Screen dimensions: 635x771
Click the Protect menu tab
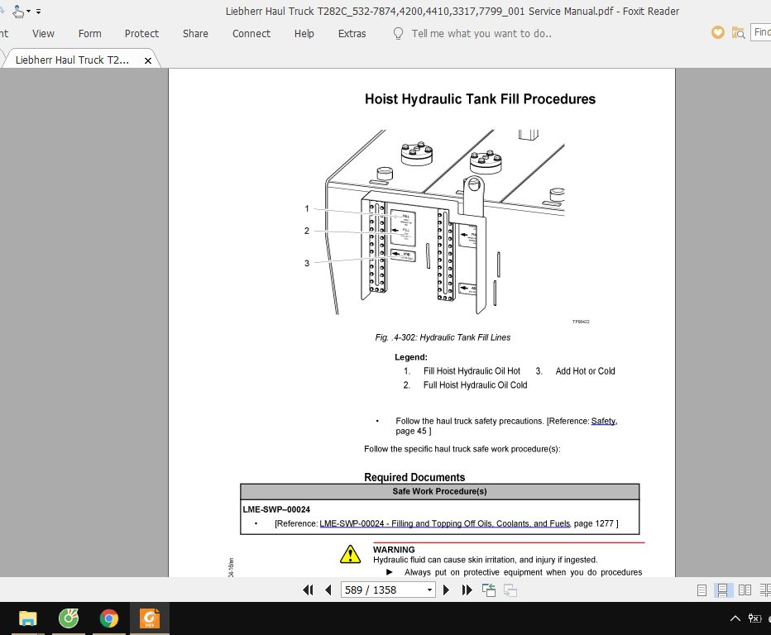[x=141, y=34]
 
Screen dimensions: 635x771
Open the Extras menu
[x=352, y=34]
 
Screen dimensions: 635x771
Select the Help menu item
[x=304, y=34]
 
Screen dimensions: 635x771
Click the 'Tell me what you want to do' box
[x=481, y=34]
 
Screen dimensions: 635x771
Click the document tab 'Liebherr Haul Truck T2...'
[x=72, y=60]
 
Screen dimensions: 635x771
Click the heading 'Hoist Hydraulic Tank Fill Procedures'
[x=480, y=99]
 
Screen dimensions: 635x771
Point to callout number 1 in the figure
[x=307, y=209]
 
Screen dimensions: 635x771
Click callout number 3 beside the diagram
[x=307, y=263]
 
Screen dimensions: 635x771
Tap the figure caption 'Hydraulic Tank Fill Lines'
[x=464, y=337]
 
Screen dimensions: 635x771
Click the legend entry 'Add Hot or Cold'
[x=585, y=371]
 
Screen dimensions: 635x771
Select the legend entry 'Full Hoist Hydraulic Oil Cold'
[x=475, y=385]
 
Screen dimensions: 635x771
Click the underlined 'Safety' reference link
[x=603, y=421]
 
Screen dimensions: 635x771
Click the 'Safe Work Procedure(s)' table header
[x=439, y=491]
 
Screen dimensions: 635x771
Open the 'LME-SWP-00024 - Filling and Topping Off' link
[x=444, y=524]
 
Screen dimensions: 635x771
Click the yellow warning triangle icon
[x=351, y=554]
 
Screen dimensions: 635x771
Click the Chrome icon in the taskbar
[x=108, y=618]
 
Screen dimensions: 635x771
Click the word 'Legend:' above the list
[x=411, y=357]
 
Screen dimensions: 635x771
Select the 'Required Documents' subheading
[x=414, y=477]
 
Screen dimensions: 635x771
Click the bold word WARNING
[x=394, y=549]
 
